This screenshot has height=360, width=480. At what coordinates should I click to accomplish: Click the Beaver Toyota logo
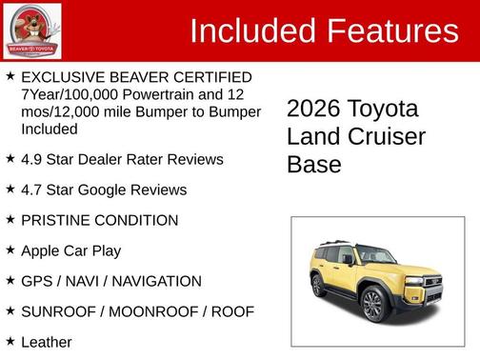[32, 30]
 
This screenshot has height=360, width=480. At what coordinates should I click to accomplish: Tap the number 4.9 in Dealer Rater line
[32, 159]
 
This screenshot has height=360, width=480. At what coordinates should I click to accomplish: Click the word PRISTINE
[57, 220]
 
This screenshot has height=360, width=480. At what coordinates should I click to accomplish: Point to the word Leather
[46, 341]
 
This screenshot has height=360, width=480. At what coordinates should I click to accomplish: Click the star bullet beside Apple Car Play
[10, 250]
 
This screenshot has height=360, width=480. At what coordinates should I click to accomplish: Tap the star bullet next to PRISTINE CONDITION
[10, 219]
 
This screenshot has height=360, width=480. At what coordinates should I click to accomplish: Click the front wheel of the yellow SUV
[372, 305]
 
